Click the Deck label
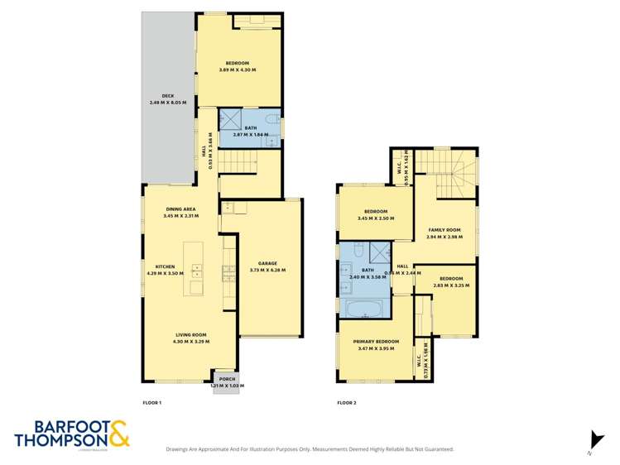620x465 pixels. pos(167,95)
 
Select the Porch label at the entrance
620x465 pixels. pos(227,380)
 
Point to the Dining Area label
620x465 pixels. pos(180,209)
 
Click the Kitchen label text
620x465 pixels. pos(163,266)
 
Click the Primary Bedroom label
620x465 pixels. pos(376,342)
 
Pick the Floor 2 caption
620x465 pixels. pos(346,403)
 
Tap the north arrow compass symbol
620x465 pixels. pos(589,440)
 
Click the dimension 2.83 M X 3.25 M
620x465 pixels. pos(451,285)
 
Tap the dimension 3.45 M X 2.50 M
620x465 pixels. pos(375,218)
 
